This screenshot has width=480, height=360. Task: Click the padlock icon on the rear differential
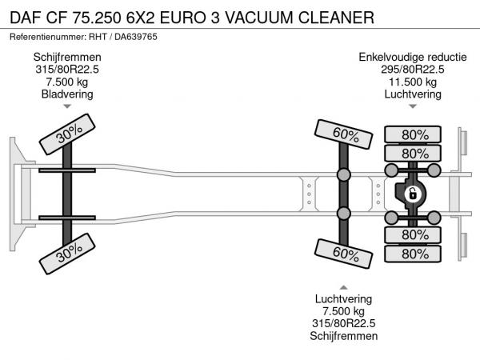tap(413, 194)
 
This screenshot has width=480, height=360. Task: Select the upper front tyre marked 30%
tap(67, 134)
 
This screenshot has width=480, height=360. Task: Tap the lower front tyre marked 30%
tap(67, 254)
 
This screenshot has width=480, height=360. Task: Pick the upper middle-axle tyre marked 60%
tap(343, 134)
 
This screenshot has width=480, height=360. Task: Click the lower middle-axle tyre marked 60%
tap(343, 254)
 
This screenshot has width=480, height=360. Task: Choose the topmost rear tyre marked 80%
tap(413, 134)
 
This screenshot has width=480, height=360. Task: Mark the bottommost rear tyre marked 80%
tap(413, 254)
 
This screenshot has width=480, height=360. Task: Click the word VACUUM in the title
tap(259, 18)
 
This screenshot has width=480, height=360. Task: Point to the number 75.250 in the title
tap(97, 18)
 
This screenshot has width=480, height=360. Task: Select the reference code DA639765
tap(136, 37)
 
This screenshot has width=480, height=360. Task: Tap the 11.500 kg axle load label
tap(413, 82)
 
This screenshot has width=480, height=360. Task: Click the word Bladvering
tap(67, 94)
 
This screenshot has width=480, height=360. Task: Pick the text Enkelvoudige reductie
tap(413, 57)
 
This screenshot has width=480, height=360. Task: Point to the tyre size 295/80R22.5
tap(413, 69)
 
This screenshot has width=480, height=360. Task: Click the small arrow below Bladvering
tap(67, 106)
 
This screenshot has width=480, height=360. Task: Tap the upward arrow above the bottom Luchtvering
tap(343, 287)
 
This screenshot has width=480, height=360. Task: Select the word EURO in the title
tap(182, 18)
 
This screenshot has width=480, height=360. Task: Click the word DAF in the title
tap(26, 18)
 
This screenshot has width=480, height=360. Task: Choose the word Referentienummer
tap(48, 37)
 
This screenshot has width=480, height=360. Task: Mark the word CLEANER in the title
tap(336, 18)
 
